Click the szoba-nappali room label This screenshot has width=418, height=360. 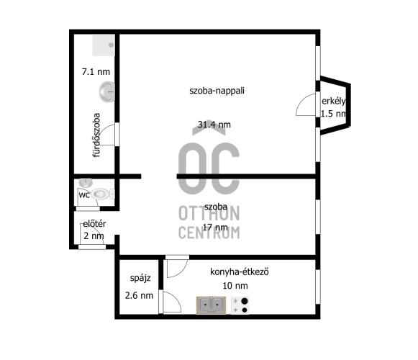point(217,91)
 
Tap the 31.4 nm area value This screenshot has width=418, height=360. point(214,125)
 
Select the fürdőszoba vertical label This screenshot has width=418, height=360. point(96,135)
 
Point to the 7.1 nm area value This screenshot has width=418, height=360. point(96,72)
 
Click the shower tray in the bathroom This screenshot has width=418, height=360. point(104,45)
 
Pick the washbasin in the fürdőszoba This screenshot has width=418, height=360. point(107,92)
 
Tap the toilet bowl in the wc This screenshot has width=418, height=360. point(103,194)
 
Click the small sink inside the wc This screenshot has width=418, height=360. point(86,183)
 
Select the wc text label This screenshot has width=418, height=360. point(84,195)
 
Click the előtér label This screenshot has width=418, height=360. point(94,224)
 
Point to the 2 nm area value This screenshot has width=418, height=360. point(94,236)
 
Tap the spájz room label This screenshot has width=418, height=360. point(140,278)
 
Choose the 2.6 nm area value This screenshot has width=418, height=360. point(139,295)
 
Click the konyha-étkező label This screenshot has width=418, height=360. point(240,272)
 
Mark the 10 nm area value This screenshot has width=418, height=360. point(235,286)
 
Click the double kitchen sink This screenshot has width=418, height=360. point(211,305)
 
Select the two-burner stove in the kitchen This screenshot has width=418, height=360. point(240,305)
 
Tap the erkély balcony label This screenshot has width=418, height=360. point(334,101)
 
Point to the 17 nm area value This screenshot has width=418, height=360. point(215,228)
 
